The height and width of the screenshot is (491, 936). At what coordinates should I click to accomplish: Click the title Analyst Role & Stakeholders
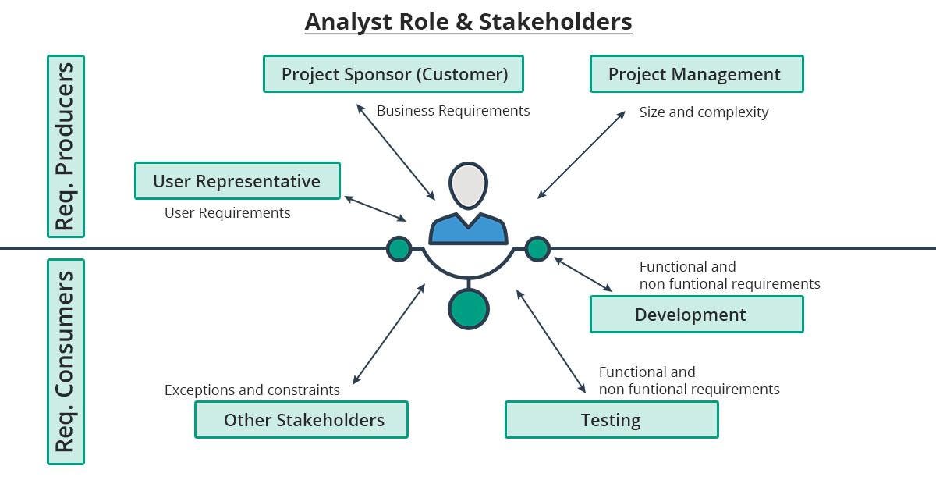click(x=468, y=21)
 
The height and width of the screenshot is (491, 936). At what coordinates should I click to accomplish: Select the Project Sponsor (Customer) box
click(x=393, y=74)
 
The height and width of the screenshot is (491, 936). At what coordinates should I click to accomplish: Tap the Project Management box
click(x=696, y=74)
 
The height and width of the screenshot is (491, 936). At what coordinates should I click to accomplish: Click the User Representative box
click(x=237, y=181)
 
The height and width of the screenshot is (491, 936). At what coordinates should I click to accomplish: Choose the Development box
click(x=696, y=315)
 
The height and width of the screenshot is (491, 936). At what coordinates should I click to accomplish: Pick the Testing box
click(x=612, y=420)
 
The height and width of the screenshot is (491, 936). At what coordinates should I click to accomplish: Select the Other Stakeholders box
click(x=301, y=420)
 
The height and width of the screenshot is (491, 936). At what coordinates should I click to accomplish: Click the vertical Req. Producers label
click(x=66, y=146)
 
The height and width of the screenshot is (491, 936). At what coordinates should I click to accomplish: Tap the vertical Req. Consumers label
click(x=66, y=361)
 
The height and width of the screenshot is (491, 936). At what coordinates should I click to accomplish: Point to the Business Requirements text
click(x=452, y=111)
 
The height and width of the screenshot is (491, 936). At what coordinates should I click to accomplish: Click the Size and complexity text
click(x=704, y=112)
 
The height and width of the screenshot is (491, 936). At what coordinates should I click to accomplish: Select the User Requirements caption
click(x=227, y=212)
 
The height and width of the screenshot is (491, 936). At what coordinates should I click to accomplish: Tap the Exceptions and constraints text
click(x=252, y=390)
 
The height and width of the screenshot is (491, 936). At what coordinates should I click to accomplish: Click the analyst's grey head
click(x=468, y=186)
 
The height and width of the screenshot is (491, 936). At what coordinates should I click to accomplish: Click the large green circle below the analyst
click(x=468, y=308)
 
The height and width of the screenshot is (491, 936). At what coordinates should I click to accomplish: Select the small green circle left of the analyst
click(x=399, y=249)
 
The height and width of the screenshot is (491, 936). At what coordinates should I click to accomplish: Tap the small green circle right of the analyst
click(x=537, y=249)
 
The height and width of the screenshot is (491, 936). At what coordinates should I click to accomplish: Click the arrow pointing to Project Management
click(x=581, y=155)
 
